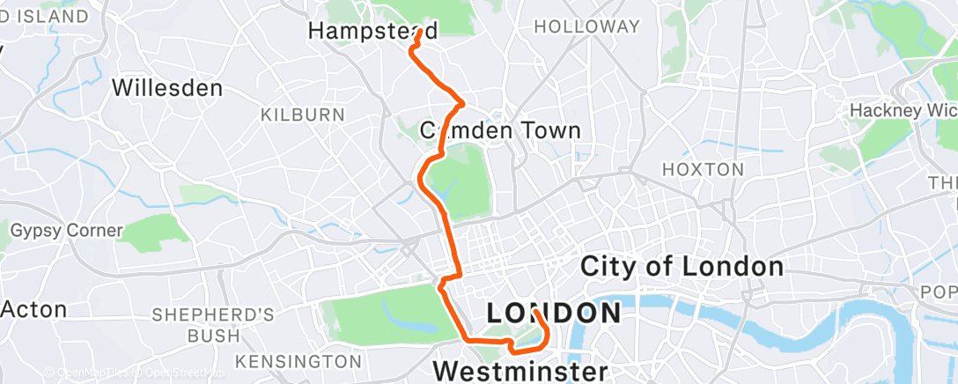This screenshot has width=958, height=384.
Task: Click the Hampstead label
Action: tap(372, 31)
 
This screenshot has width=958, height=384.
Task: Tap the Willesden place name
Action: tap(167, 88)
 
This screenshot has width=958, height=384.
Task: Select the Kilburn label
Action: tap(302, 114)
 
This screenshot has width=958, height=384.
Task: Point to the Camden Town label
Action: tap(500, 131)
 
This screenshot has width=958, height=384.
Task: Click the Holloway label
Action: tap(587, 27)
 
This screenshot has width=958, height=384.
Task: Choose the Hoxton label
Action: tap(703, 169)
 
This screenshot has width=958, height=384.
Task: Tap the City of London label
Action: tap(682, 266)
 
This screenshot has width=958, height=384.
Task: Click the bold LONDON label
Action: tap(554, 313)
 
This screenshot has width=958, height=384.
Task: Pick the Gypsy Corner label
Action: tap(66, 231)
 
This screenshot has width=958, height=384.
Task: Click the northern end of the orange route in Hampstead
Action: tap(417, 31)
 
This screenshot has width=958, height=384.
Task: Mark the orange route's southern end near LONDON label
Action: tap(534, 311)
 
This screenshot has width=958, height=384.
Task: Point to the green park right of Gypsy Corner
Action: tap(154, 231)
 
